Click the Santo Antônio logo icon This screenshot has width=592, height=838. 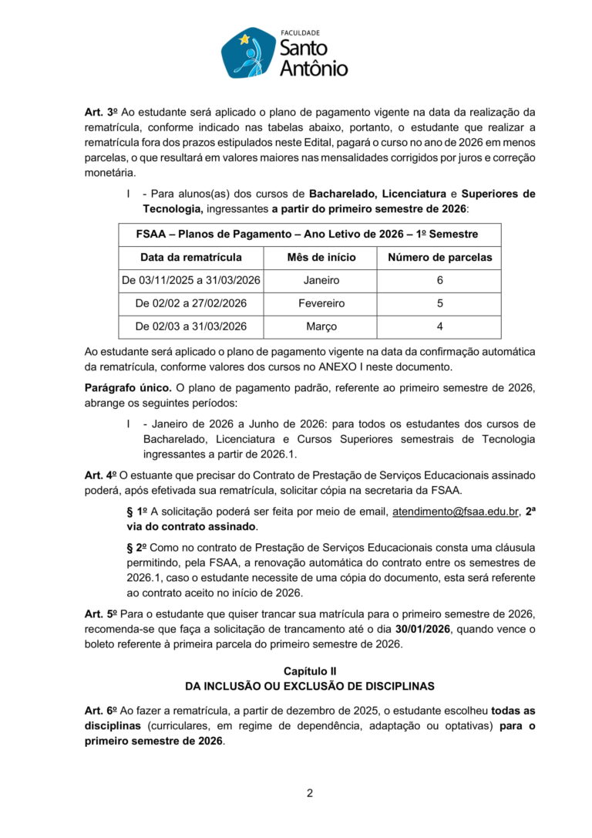pos(248,53)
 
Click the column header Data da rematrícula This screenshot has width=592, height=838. pos(190,257)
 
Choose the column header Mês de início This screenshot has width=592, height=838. pos(321,257)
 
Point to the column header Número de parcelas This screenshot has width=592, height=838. pos(439,257)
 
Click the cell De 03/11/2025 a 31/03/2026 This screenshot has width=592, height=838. pos(190,280)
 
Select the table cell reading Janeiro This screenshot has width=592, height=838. pos(321,280)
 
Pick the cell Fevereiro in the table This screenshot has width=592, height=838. pos(321,303)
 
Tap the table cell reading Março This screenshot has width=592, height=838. pos(321,326)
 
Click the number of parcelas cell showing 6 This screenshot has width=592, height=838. pos(439,280)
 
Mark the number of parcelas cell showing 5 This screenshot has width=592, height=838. pos(439,303)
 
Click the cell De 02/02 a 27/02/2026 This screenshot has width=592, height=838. pos(190,303)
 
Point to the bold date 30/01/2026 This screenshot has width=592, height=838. pos(422,630)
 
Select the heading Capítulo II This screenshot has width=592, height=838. pos(309,671)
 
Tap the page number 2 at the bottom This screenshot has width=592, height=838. pos(309,793)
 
